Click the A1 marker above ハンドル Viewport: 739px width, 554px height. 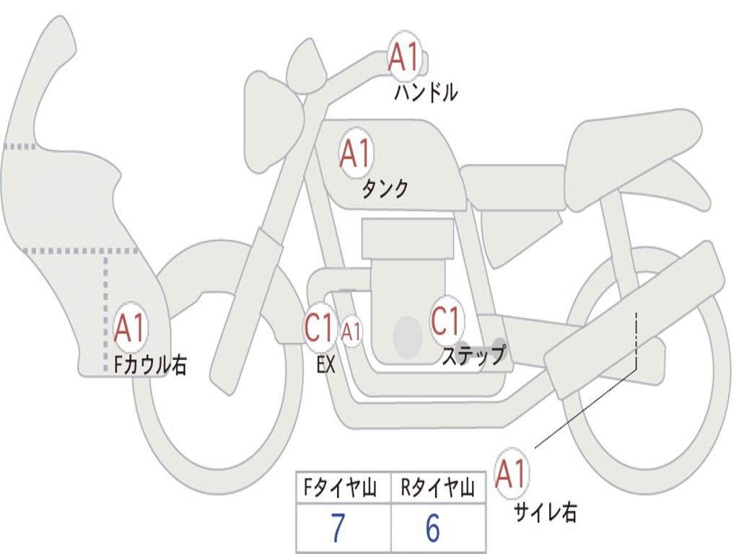point(404,56)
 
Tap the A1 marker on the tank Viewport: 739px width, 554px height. point(355,153)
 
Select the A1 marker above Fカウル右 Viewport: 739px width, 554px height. point(130,328)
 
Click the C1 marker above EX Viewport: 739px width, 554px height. point(320,328)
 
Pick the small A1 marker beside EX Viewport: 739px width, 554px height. point(351,333)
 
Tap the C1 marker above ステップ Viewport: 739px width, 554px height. point(446,321)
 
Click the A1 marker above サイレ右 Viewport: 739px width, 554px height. point(511,474)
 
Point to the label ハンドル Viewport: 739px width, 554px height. point(426,92)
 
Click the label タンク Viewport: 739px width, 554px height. point(385,189)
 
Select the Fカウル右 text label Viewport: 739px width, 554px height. point(151,365)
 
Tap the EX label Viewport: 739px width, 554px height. point(326,365)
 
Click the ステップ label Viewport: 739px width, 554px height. point(473,356)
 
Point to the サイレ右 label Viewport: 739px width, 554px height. point(546,512)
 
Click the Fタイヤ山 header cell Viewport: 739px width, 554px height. point(343,489)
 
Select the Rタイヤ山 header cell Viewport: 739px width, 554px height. point(438,489)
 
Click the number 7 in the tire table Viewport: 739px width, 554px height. point(338,529)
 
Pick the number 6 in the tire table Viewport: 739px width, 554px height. point(432,529)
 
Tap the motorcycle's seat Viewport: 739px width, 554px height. point(631,144)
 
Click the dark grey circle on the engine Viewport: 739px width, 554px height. point(408,335)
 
